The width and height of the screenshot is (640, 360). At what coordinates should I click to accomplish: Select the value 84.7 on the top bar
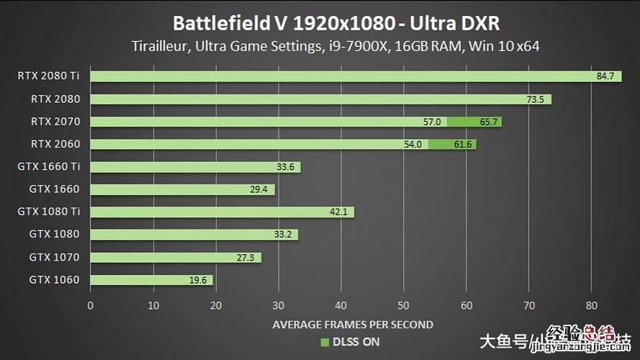tap(605, 76)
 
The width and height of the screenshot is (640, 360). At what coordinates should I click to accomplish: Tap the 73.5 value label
tap(535, 99)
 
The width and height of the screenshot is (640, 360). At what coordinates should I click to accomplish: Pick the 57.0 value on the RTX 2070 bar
tap(432, 122)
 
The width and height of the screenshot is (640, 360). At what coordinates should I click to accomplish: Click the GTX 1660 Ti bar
tap(194, 167)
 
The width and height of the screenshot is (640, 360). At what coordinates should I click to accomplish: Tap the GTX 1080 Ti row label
tap(49, 212)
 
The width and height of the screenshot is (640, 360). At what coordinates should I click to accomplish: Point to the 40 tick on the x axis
tap(341, 305)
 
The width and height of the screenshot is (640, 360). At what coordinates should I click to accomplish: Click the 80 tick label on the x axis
tap(591, 305)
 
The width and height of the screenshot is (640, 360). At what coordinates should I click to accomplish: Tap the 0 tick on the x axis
tap(90, 305)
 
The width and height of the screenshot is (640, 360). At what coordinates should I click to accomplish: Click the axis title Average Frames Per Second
tap(353, 325)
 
